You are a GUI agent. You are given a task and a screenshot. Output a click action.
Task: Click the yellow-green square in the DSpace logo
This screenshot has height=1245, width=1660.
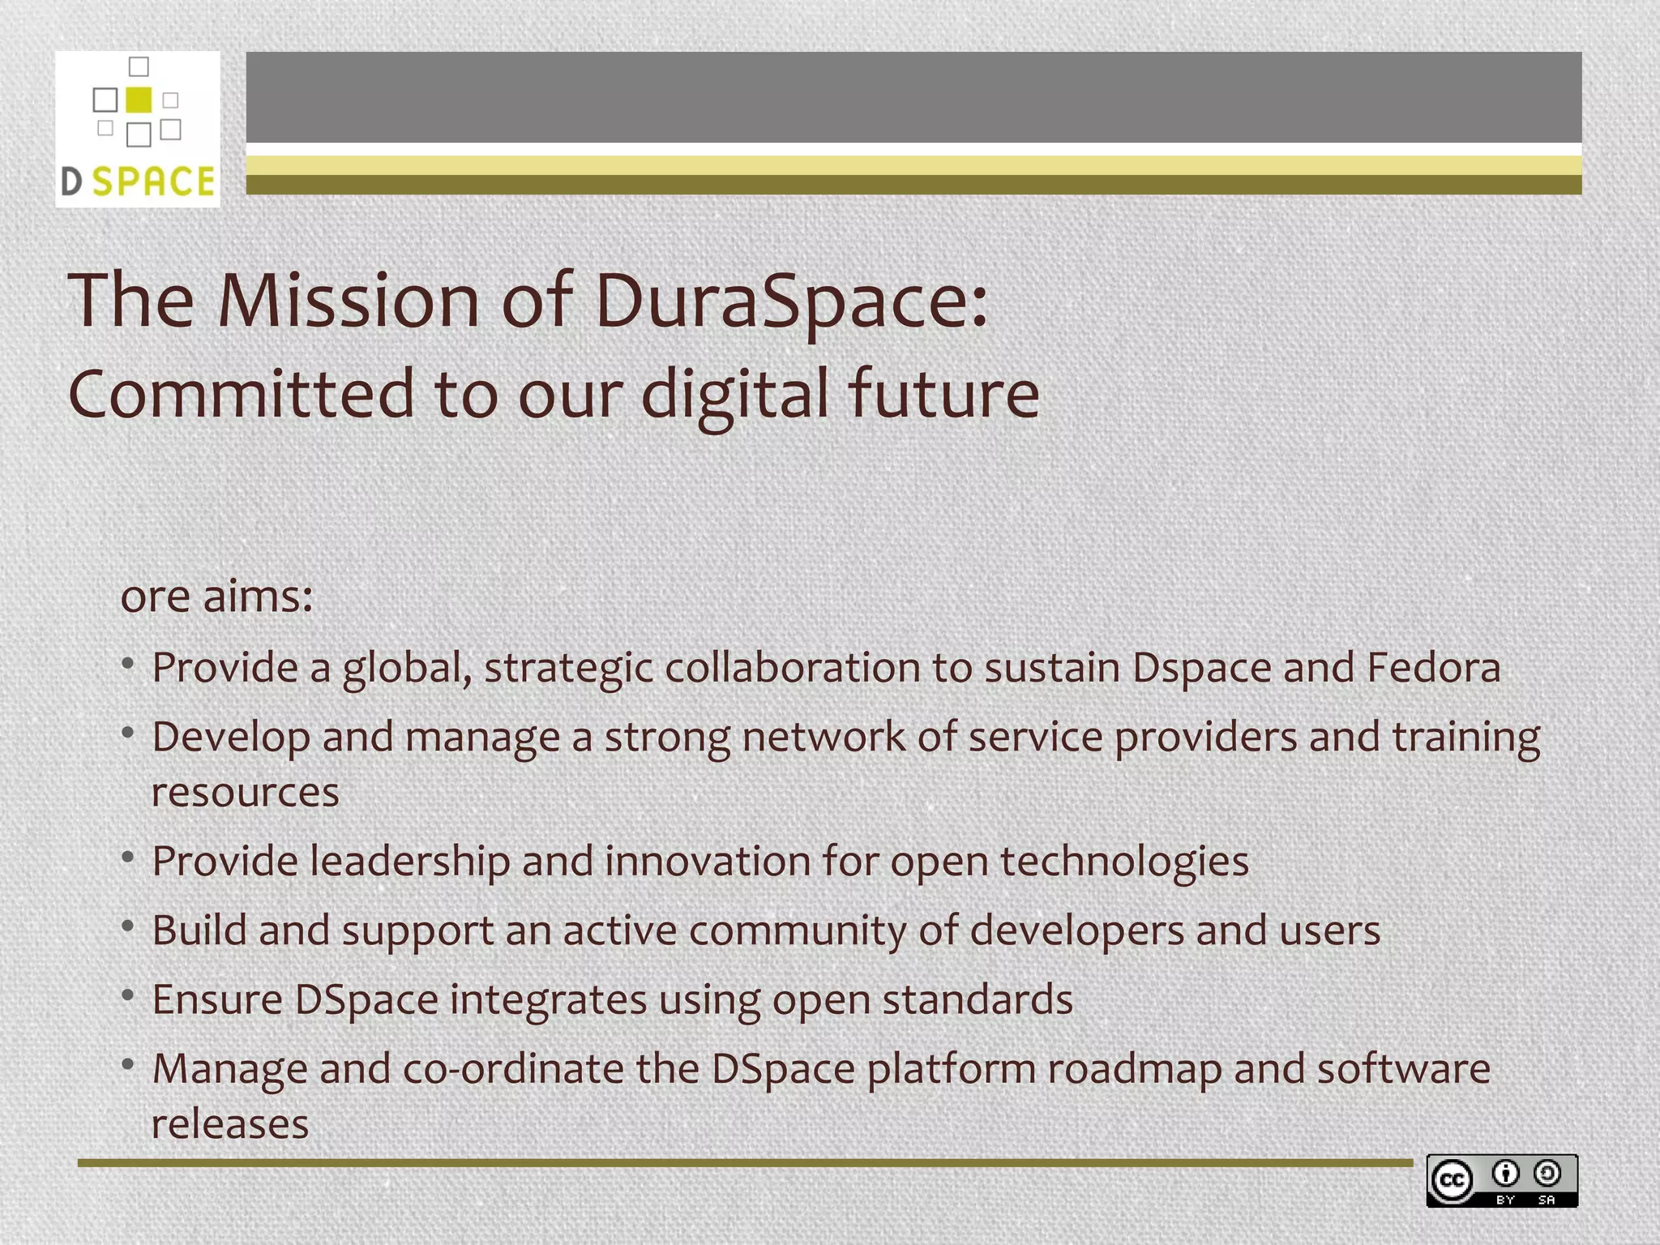coord(139,99)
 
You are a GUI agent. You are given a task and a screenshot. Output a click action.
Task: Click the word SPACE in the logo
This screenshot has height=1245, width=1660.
coord(154,181)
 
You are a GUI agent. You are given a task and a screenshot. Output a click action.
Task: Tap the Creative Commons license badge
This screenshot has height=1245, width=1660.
coord(1502,1181)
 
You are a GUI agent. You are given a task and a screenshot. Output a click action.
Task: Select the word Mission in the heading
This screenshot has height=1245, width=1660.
coord(348,301)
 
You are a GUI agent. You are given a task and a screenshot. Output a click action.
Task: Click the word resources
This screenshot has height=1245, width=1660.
coord(245,793)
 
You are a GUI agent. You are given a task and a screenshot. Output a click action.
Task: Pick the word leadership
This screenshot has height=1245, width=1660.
coord(410,862)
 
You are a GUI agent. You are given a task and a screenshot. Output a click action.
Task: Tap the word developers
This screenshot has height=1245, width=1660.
coord(1076,931)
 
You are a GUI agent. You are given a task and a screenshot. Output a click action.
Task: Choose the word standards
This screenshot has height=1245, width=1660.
coord(977,999)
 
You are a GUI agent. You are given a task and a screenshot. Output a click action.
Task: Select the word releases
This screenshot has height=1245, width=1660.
coord(230,1124)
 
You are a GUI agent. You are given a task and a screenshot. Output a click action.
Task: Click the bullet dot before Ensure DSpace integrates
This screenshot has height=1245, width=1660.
coord(128,995)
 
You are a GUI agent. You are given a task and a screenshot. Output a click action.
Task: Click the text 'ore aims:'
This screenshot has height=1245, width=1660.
coord(216,597)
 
